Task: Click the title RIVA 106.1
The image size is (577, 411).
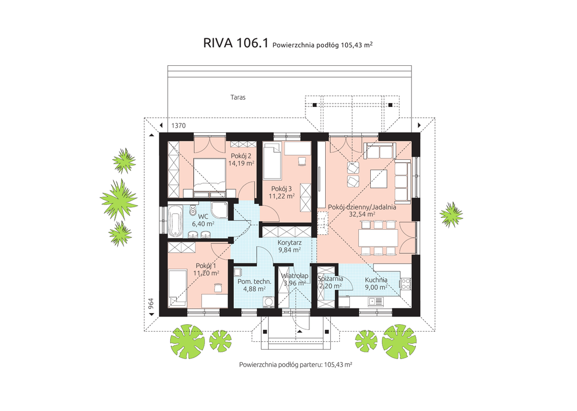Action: (x=236, y=44)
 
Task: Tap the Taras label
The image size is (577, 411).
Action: (x=238, y=97)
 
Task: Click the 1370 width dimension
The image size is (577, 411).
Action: (x=179, y=125)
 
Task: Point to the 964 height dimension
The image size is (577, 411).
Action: (x=151, y=304)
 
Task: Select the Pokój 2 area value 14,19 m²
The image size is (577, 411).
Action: (x=241, y=163)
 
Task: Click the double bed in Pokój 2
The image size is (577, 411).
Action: (x=210, y=174)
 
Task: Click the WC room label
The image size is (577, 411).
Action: (x=203, y=216)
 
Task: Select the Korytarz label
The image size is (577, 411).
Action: (x=290, y=243)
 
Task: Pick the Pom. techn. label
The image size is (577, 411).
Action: (x=254, y=281)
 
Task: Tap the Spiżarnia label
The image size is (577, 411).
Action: (x=330, y=279)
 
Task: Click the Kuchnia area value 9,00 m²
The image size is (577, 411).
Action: (x=375, y=287)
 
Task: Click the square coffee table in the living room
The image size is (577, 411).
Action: (x=378, y=178)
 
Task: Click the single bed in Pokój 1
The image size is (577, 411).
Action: (x=178, y=287)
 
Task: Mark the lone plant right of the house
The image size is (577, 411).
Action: (x=451, y=214)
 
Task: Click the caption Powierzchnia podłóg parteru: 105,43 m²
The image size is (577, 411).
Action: (x=295, y=365)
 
